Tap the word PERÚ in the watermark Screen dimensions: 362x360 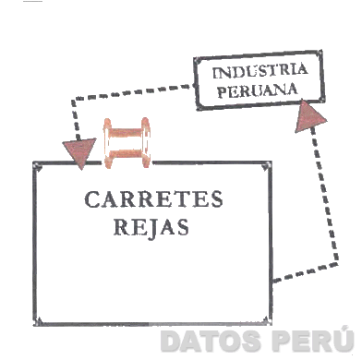point(301,342)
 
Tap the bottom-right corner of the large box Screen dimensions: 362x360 point(270,323)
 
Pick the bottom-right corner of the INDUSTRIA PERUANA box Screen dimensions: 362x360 point(322,102)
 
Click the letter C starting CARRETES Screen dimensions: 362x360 point(90,200)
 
